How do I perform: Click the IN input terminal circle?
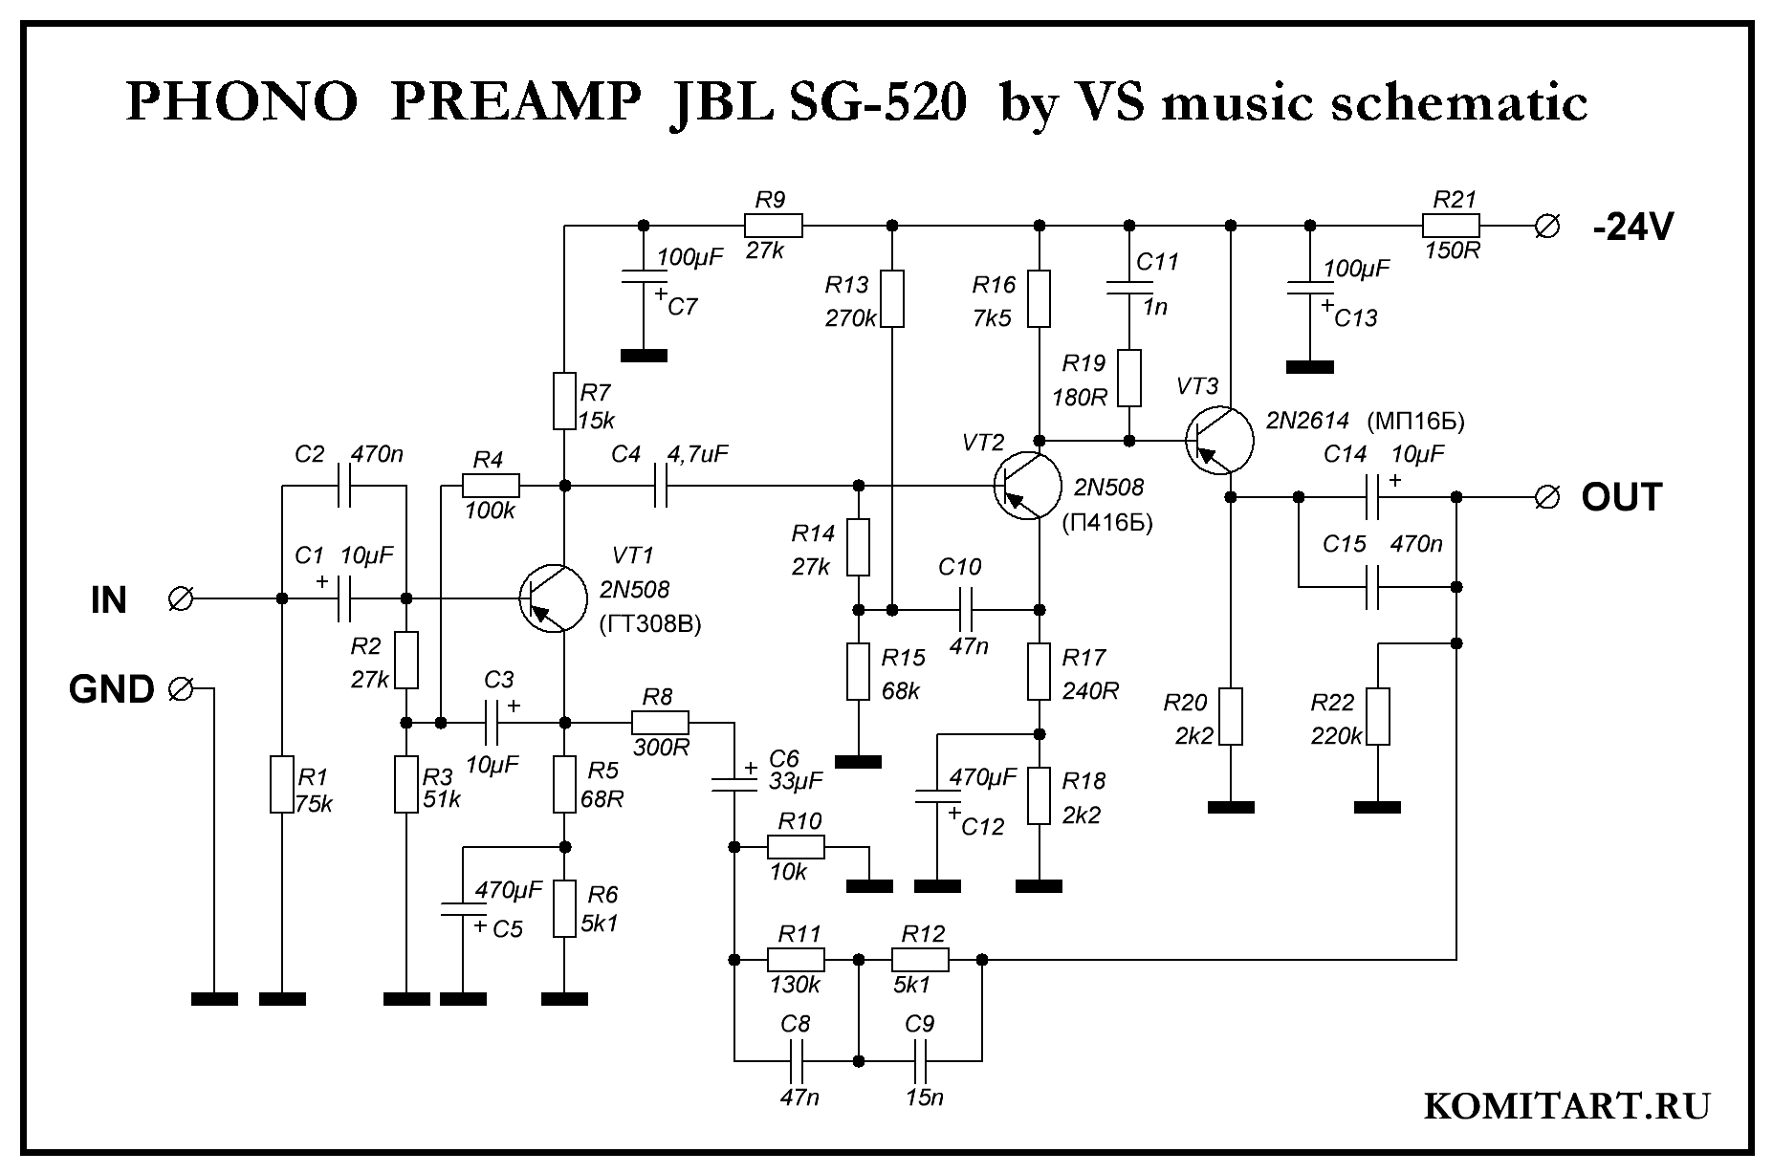(180, 599)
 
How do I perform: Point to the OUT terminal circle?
(1545, 497)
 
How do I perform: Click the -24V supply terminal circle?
(1545, 227)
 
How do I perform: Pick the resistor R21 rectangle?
(1451, 227)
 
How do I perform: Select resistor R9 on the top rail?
(773, 227)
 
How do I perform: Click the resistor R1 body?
(280, 784)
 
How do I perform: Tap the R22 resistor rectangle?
(1377, 715)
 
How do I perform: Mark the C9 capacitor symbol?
(920, 1060)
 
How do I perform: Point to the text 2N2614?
(1307, 421)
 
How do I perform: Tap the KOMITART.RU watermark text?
(1566, 1106)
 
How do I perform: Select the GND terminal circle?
(180, 688)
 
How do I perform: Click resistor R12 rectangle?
(920, 959)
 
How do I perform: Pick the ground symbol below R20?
(1231, 808)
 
